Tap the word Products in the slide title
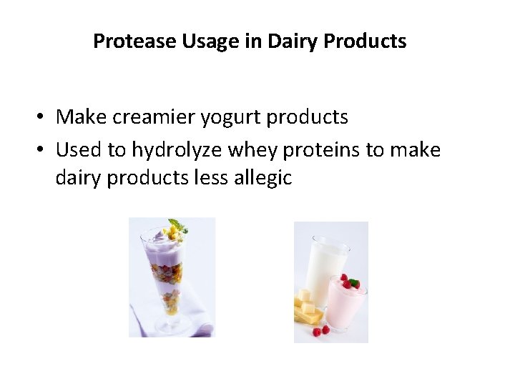[x=365, y=41]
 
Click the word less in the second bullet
[x=209, y=178]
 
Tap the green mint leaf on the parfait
[x=175, y=226]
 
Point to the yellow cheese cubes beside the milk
[x=307, y=304]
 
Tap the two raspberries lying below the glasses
[x=320, y=330]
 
